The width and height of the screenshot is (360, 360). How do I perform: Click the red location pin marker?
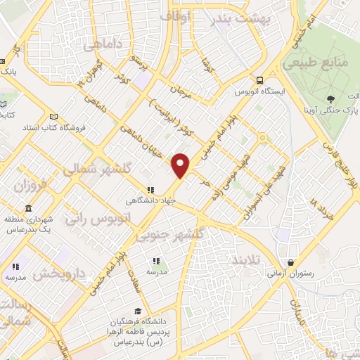click(x=181, y=165)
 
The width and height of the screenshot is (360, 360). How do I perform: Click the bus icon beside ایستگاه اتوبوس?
click(x=260, y=80)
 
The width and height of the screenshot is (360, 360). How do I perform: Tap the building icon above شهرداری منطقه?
click(x=27, y=210)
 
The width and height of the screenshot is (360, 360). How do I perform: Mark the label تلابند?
click(x=246, y=260)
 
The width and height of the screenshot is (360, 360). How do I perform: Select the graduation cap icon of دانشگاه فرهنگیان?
click(x=139, y=311)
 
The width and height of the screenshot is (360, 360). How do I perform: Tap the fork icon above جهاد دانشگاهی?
click(x=149, y=189)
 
